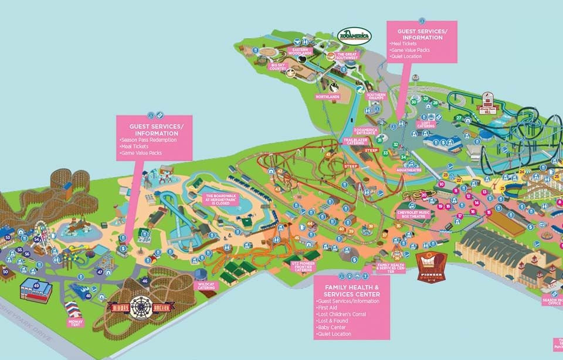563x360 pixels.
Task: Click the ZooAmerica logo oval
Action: click(355, 35)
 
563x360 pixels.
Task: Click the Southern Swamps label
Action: click(376, 97)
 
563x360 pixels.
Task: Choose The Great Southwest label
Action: click(346, 56)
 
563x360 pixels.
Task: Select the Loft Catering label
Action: click(426, 124)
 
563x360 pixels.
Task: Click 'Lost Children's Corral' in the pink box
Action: click(341, 314)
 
